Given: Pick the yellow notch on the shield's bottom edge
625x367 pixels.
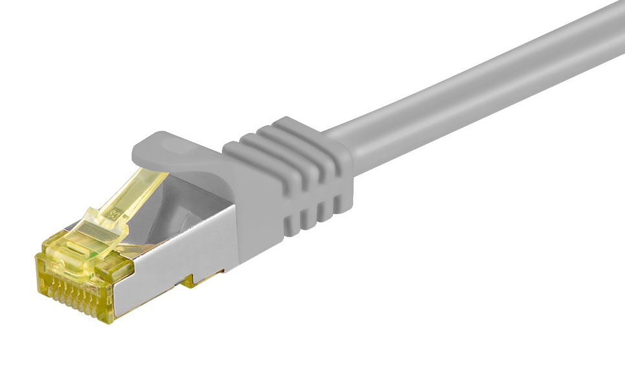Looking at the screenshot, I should [191, 280].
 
